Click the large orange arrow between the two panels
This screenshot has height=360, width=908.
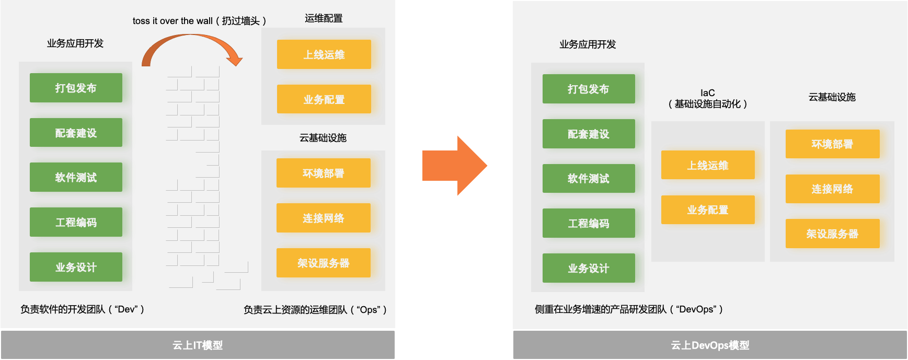point(454,166)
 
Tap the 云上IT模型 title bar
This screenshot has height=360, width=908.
point(198,345)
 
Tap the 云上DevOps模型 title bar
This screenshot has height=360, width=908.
point(710,345)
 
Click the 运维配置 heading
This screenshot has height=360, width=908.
point(324,18)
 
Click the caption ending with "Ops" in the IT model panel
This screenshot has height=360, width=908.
point(315,310)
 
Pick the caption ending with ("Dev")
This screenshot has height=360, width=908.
point(82,309)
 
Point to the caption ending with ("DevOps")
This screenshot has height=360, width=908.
point(628,309)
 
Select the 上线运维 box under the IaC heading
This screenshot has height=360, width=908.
point(708,165)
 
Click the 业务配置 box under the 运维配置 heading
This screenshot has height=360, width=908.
point(324,99)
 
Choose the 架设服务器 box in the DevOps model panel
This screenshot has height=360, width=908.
point(832,234)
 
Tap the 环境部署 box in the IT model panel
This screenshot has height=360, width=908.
point(324,173)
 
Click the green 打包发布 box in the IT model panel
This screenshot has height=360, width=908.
point(76,88)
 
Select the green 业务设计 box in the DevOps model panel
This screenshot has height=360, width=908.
point(589,268)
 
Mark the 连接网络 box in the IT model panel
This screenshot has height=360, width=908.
point(324,218)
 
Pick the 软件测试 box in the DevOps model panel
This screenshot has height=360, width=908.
point(589,179)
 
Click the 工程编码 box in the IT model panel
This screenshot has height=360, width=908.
point(76,223)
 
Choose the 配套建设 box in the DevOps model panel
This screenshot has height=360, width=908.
point(589,134)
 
